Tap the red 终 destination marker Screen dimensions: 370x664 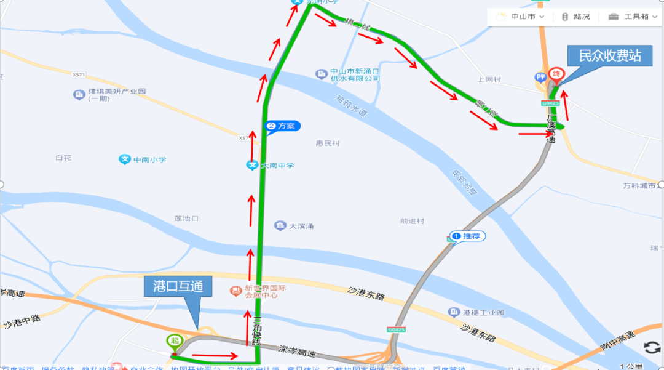556,75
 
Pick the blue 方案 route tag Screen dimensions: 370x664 282,126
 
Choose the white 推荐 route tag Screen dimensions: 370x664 468,236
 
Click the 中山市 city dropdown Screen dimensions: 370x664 520,17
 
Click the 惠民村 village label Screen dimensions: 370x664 328,143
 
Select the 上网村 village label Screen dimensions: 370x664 489,79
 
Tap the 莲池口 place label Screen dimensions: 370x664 186,219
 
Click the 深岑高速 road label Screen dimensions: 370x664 297,353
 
